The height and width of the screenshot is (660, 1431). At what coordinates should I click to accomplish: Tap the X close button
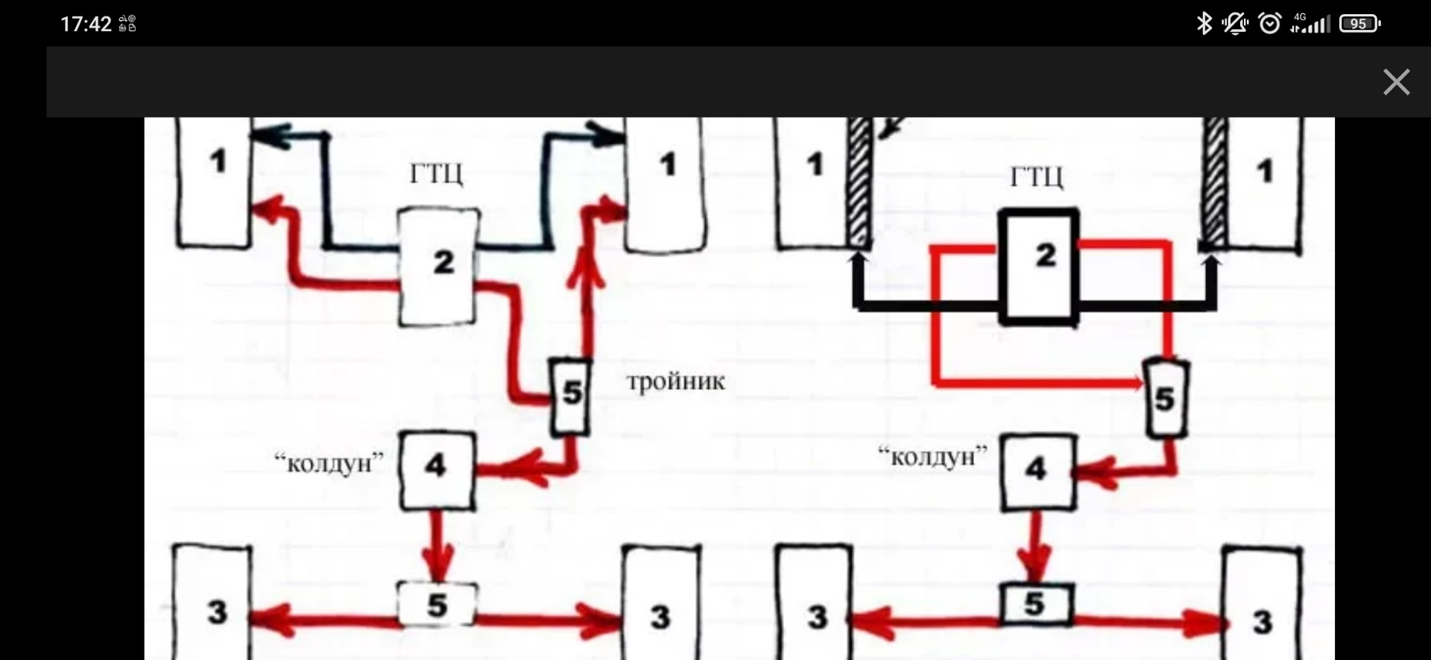1396,82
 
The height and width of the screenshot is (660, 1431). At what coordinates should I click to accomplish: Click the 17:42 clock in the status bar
86,25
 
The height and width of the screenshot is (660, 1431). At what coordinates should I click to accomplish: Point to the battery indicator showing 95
1360,24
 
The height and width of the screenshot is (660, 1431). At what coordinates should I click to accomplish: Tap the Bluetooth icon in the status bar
1204,24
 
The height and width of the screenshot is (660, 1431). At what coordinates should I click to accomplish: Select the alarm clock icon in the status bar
1269,24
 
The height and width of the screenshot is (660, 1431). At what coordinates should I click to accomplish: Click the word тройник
675,381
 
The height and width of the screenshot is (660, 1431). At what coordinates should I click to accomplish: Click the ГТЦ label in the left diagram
436,174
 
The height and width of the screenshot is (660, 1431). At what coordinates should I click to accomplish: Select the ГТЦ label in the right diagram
1036,177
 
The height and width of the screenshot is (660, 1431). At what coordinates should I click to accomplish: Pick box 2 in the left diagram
438,266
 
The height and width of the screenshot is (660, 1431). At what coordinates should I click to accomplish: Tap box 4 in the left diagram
437,470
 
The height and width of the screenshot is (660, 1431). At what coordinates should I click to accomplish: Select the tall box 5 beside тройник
571,396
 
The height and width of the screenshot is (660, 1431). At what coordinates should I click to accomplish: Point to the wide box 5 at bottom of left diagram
436,604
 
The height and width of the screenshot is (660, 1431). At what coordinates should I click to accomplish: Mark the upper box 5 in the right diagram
1165,399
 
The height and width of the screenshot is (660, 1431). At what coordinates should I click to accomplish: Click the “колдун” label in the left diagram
329,463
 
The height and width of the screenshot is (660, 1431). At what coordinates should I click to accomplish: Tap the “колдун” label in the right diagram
932,456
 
